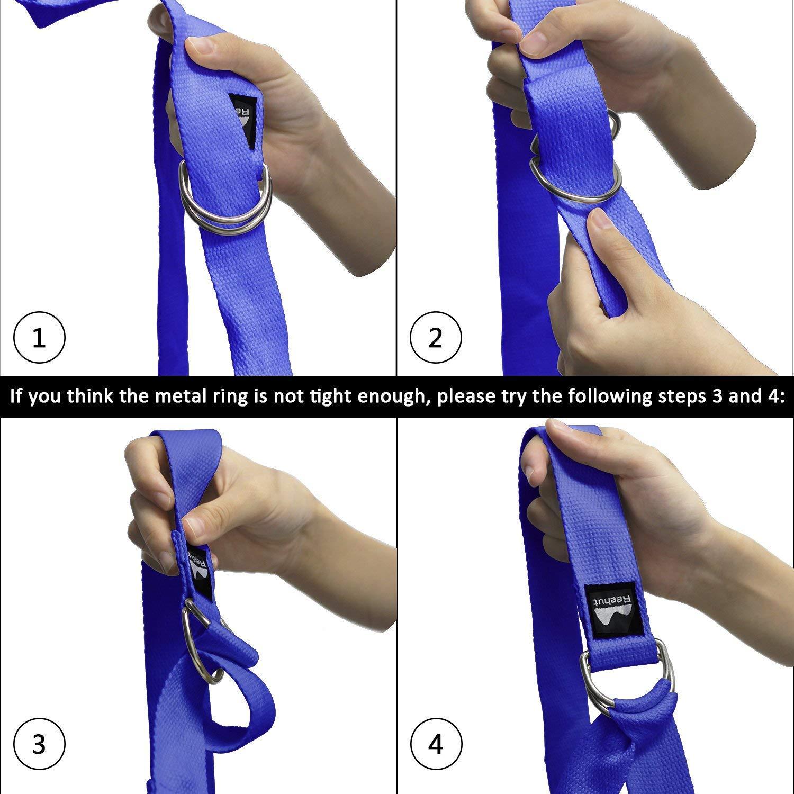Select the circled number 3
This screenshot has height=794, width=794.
pos(39,744)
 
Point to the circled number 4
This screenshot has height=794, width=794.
pos(436,744)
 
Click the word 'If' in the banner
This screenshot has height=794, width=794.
pos(16,396)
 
